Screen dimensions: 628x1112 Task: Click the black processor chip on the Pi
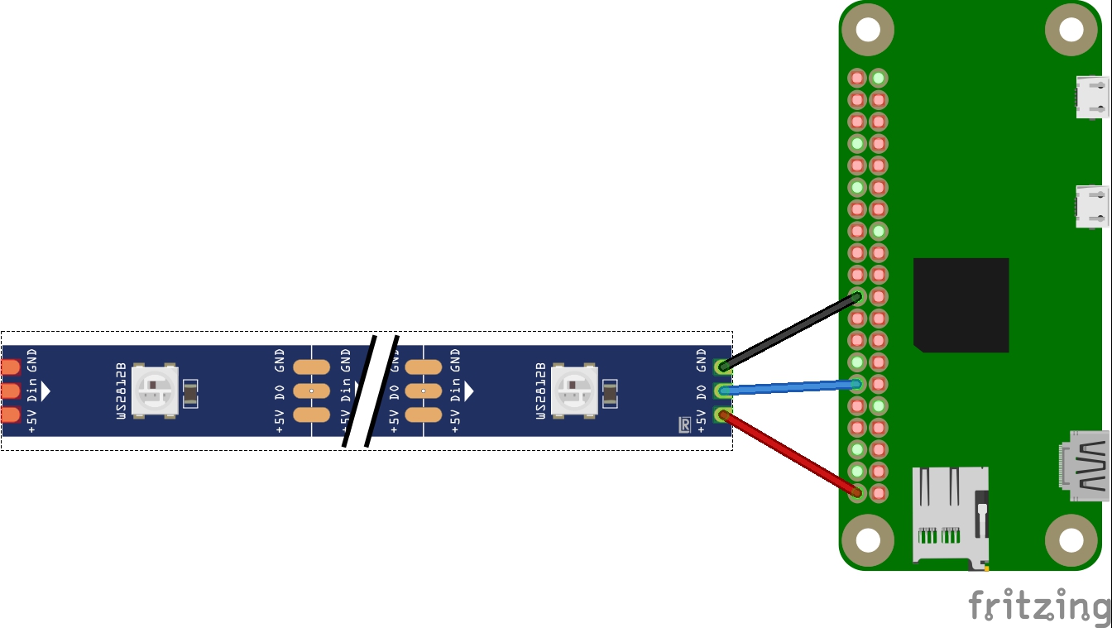click(961, 304)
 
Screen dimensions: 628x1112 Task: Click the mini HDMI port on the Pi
click(1085, 465)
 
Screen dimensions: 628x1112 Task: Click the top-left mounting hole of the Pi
click(867, 31)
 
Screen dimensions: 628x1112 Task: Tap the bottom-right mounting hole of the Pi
click(1071, 540)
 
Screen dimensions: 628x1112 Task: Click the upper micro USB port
click(1092, 96)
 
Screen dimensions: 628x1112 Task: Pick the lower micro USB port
click(1092, 206)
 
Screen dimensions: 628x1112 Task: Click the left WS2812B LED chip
click(156, 390)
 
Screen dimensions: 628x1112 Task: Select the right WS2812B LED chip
click(575, 390)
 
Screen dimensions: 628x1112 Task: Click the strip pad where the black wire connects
click(722, 366)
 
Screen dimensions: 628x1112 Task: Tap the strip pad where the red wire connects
click(722, 415)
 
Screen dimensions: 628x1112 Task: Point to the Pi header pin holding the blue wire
click(857, 383)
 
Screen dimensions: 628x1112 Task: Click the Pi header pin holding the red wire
click(857, 493)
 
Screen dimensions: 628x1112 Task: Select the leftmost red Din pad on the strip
click(11, 391)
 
